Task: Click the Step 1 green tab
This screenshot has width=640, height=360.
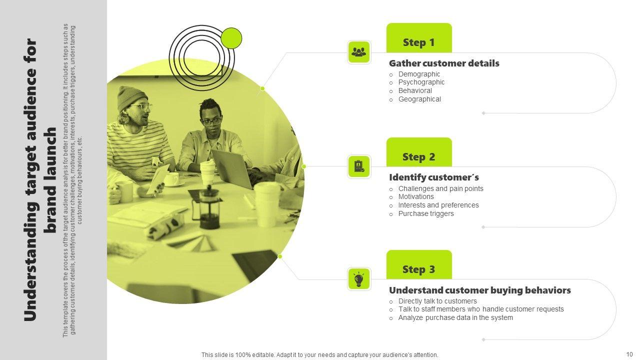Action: point(419,38)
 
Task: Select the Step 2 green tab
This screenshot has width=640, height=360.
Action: point(419,152)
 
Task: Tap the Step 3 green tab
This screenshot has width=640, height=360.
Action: point(419,265)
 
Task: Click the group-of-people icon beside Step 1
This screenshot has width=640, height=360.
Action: point(359,52)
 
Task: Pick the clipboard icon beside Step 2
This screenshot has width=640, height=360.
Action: point(359,166)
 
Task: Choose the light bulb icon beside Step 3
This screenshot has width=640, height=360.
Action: point(359,279)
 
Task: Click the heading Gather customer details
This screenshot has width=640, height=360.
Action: point(444,63)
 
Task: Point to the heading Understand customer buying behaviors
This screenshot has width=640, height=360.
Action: point(480,290)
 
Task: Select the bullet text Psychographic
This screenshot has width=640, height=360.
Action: point(421,82)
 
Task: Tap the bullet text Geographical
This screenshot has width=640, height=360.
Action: point(419,99)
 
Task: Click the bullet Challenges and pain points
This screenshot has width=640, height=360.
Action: point(441,188)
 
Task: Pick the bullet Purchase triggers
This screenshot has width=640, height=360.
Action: point(426,213)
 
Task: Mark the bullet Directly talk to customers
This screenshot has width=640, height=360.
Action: point(437,301)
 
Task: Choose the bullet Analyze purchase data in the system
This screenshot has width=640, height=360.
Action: point(455,317)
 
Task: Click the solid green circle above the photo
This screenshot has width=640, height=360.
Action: point(231,38)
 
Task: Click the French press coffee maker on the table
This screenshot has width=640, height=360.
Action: point(207,207)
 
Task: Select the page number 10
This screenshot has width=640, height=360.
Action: point(629,354)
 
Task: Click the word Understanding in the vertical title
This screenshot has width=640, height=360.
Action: point(30,262)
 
